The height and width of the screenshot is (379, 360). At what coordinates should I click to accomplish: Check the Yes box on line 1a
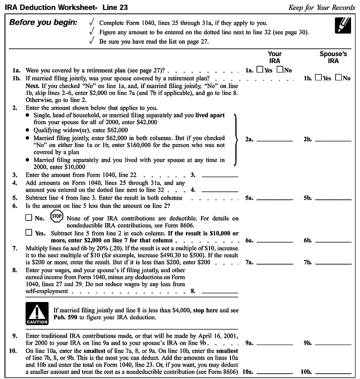260,70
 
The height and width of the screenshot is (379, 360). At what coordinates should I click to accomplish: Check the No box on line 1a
280,70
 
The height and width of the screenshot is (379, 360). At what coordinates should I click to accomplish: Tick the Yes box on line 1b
318,77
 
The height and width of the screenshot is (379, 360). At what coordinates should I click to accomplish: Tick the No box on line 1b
339,77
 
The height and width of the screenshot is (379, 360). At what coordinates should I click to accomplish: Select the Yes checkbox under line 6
28,232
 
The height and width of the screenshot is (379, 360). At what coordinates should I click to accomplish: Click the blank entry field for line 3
220,175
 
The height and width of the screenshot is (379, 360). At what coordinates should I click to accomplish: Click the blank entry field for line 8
220,290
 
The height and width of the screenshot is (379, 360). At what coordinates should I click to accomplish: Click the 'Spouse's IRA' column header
333,57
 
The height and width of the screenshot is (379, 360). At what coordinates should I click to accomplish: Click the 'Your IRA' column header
275,57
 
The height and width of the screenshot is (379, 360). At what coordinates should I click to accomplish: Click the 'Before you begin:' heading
43,23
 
